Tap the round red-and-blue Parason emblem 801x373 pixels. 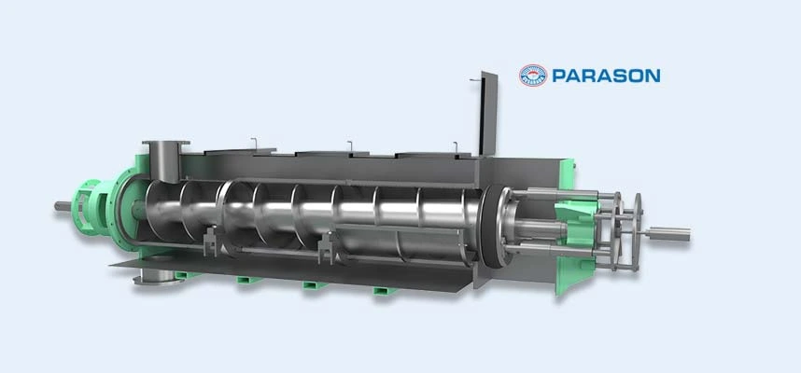pyautogui.click(x=533, y=76)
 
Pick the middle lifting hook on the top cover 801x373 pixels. pyautogui.click(x=349, y=144)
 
